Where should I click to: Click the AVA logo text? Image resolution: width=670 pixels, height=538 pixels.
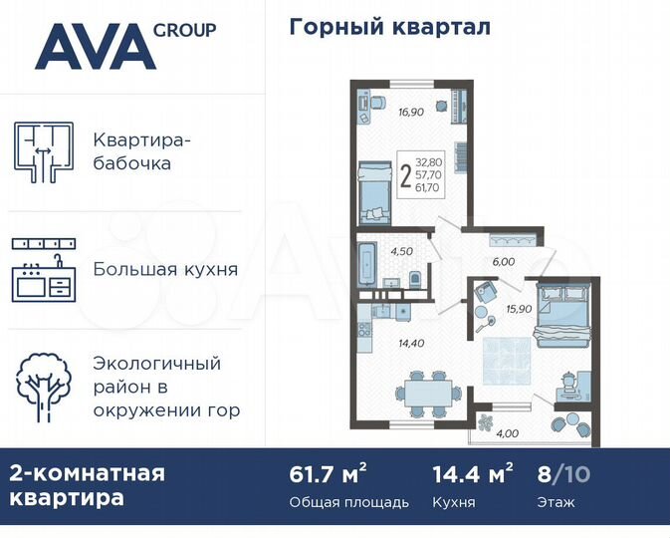coord(97,47)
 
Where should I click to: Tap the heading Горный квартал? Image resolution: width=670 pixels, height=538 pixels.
coord(389,27)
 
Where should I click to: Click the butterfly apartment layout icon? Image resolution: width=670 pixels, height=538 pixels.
coord(44,150)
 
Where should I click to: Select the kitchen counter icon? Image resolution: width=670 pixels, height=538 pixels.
coord(44,270)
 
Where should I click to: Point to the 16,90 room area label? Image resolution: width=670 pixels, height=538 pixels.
coord(410,113)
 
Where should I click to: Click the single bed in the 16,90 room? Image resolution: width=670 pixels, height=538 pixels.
coord(372,194)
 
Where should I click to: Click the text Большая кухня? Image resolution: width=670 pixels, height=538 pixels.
coord(165,269)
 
